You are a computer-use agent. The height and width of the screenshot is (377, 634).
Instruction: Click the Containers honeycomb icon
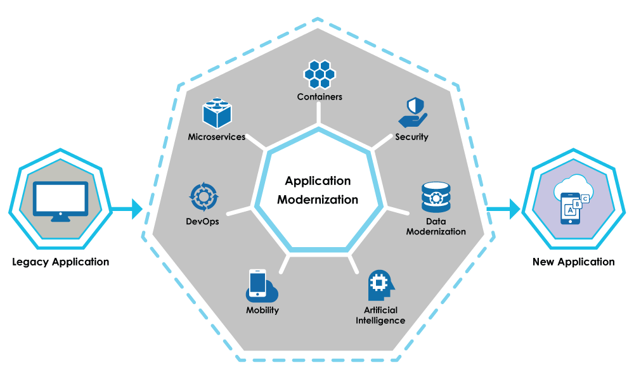(x=320, y=74)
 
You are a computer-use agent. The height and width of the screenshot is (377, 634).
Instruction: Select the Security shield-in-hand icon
(x=412, y=113)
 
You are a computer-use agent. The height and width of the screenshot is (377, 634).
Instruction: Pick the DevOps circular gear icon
(x=203, y=198)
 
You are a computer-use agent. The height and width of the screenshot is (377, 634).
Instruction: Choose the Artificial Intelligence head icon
(x=380, y=286)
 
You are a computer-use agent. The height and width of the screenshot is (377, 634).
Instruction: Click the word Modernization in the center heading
(x=318, y=200)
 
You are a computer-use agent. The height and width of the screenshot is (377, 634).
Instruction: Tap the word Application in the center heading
(x=318, y=181)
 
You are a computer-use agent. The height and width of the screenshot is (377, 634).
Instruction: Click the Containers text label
(x=320, y=97)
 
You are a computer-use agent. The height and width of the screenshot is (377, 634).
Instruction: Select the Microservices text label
(x=217, y=137)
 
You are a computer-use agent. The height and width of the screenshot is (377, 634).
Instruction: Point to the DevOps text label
(x=203, y=222)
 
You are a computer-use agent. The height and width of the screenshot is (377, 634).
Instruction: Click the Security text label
(x=412, y=137)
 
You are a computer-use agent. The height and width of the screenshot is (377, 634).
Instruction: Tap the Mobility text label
(x=262, y=310)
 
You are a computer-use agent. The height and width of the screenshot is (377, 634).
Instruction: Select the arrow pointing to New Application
(x=504, y=208)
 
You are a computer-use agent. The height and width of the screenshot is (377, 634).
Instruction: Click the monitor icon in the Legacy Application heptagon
(x=61, y=200)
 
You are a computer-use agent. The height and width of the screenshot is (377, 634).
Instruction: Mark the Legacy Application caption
(x=61, y=262)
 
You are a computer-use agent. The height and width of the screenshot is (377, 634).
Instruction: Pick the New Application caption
(x=574, y=262)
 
